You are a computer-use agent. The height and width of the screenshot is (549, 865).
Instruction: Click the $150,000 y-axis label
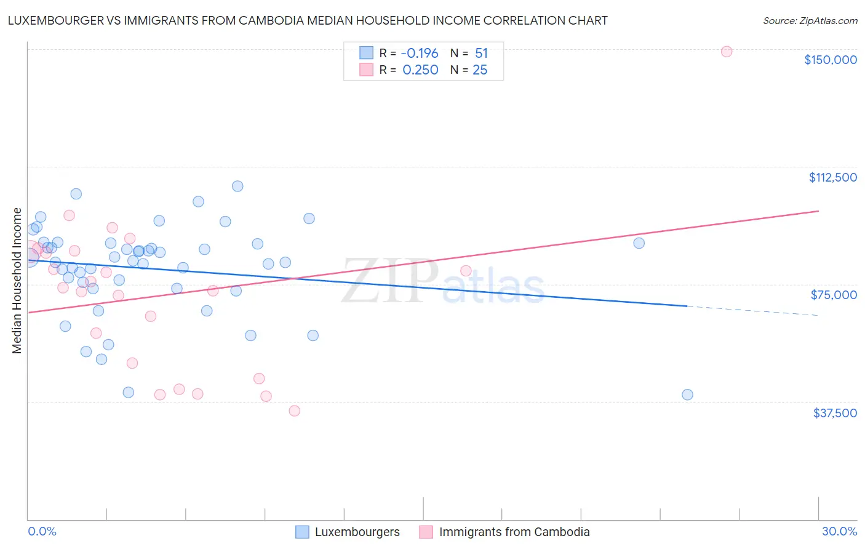pyautogui.click(x=830, y=60)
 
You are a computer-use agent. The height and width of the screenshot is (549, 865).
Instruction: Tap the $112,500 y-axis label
pyautogui.click(x=832, y=177)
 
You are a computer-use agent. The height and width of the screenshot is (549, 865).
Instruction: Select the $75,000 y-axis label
pyautogui.click(x=834, y=295)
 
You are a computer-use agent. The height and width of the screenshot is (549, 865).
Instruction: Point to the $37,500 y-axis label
pyautogui.click(x=834, y=413)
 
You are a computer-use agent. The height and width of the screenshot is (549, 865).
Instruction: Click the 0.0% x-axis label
pyautogui.click(x=42, y=531)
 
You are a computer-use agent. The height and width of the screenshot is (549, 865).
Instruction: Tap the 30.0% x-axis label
pyautogui.click(x=839, y=531)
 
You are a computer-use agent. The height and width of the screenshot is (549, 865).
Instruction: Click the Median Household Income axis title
pyautogui.click(x=17, y=281)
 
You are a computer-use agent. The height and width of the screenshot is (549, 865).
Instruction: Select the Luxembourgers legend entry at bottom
pyautogui.click(x=357, y=532)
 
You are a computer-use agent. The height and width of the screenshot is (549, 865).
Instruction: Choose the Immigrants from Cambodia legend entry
pyautogui.click(x=514, y=532)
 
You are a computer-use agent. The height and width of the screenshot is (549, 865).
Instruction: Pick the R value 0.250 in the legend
pyautogui.click(x=420, y=70)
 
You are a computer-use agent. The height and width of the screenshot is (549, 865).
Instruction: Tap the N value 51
pyautogui.click(x=481, y=54)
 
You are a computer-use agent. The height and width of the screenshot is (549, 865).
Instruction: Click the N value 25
pyautogui.click(x=480, y=70)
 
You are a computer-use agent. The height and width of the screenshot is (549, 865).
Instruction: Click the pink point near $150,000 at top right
pyautogui.click(x=727, y=52)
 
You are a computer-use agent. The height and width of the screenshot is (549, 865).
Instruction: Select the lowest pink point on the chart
pyautogui.click(x=295, y=411)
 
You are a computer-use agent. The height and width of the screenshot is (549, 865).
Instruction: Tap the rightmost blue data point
pyautogui.click(x=688, y=395)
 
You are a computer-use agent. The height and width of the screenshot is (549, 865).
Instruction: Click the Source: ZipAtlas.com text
pyautogui.click(x=810, y=21)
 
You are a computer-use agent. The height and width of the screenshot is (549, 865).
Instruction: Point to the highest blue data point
pyautogui.click(x=237, y=186)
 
